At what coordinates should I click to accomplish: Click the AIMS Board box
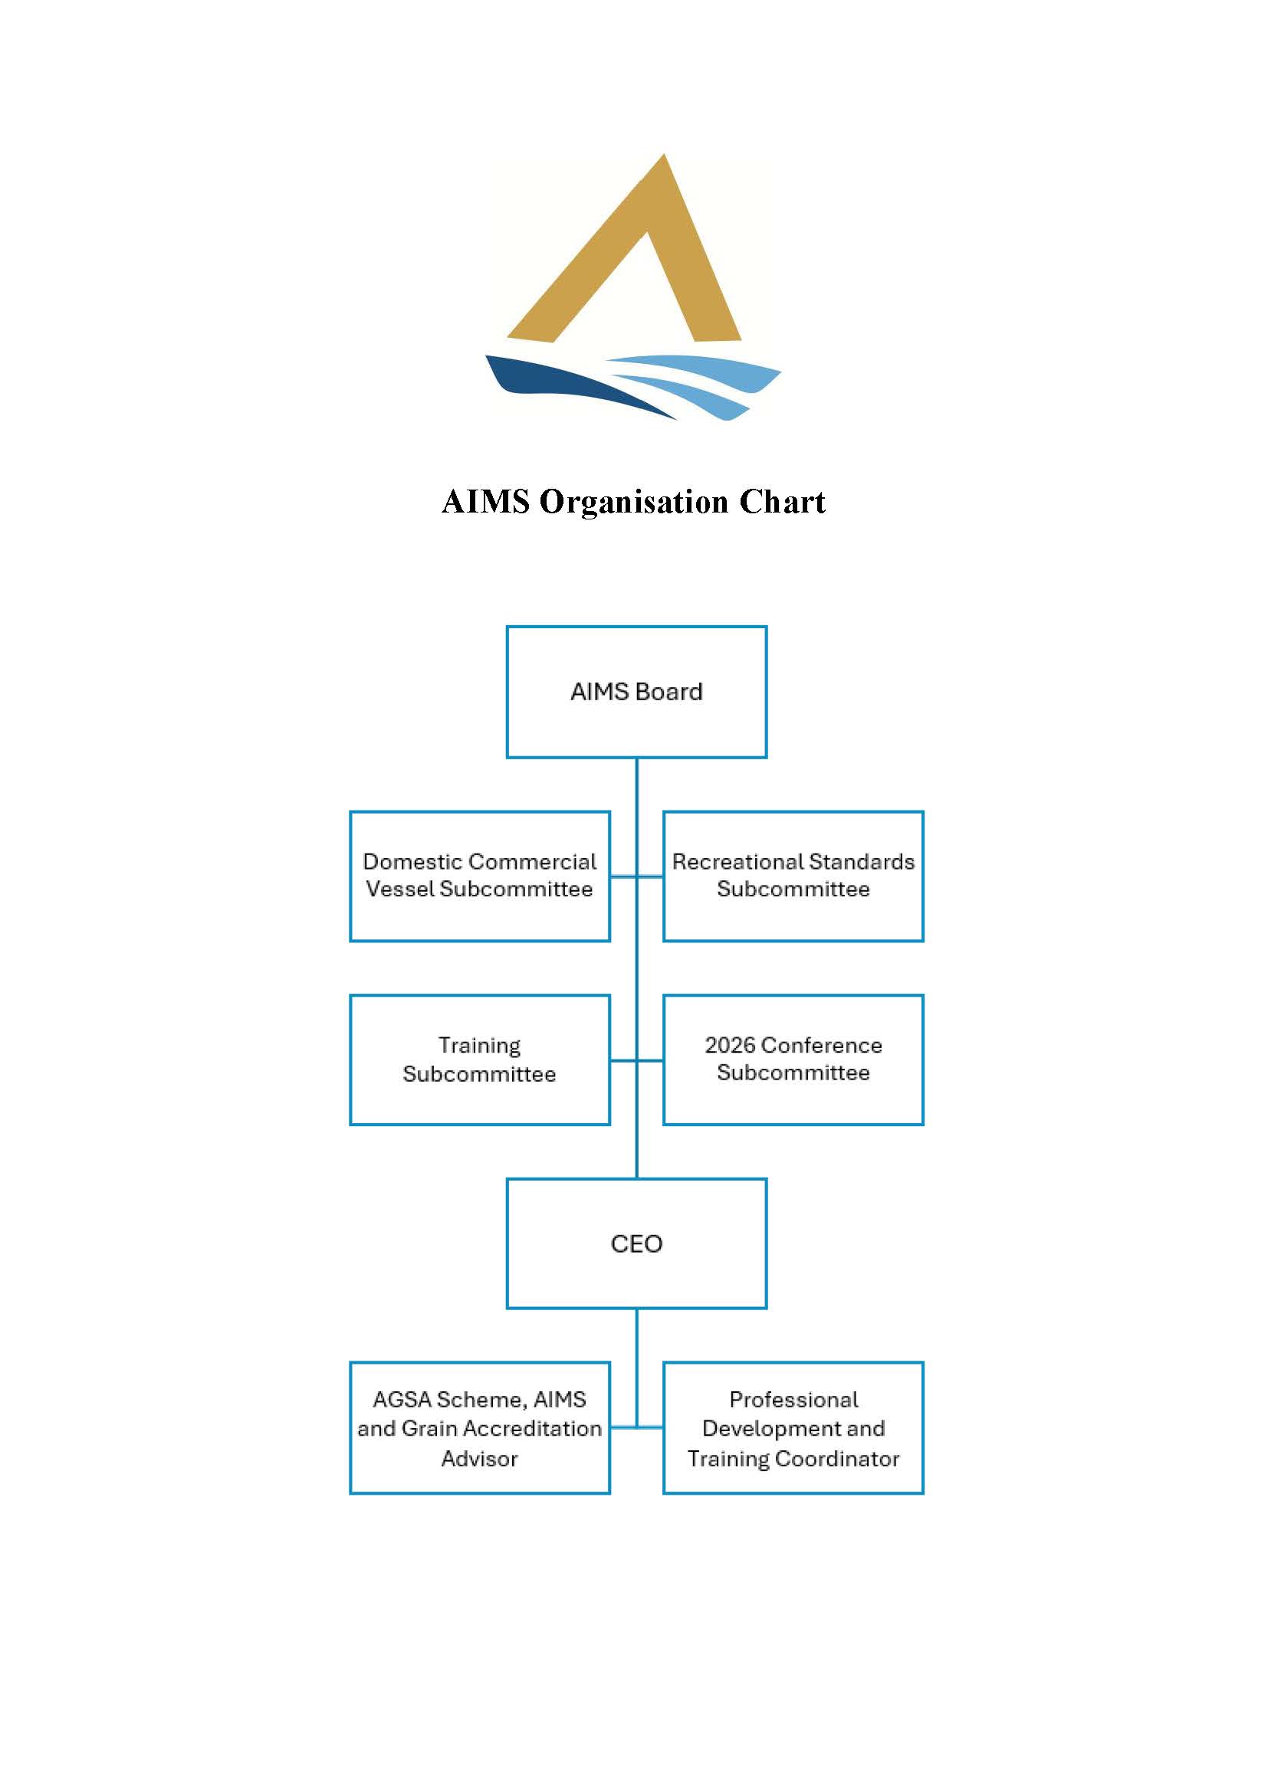coord(636,692)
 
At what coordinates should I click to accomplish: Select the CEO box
coord(636,1243)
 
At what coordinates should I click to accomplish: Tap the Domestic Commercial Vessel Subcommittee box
coord(479,876)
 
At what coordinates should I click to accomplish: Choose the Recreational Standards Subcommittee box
coord(793,876)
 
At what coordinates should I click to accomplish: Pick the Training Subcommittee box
coord(479,1059)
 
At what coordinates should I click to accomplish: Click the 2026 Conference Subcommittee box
coord(793,1059)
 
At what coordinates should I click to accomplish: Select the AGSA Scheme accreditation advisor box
coord(479,1428)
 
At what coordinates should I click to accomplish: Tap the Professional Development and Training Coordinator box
coord(793,1428)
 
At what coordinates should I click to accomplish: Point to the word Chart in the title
coord(783,502)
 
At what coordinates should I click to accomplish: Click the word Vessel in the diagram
coord(399,889)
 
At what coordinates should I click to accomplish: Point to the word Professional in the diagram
coord(793,1400)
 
